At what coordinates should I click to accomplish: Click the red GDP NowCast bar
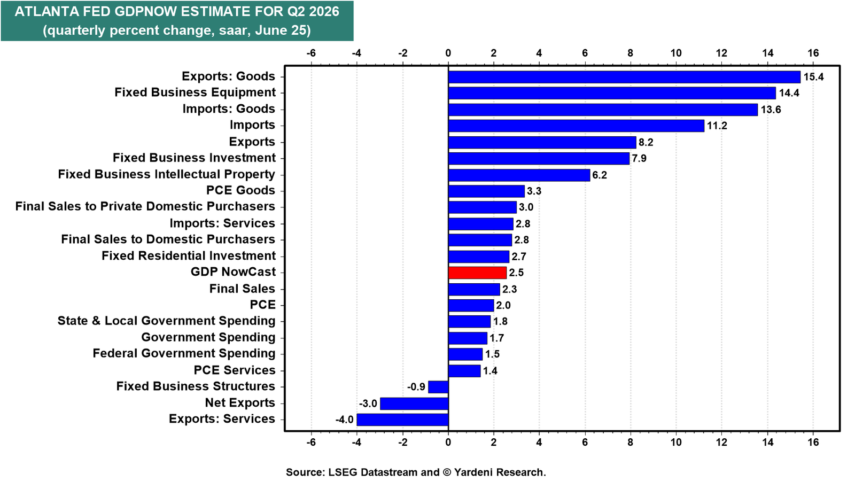tap(477, 273)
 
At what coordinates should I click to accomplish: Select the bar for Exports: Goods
tap(624, 77)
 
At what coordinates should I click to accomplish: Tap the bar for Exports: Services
tap(402, 420)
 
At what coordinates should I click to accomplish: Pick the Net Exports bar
tap(414, 404)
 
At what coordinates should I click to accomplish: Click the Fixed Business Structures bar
tap(438, 387)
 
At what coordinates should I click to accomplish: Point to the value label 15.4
tap(813, 77)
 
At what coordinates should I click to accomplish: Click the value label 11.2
tap(717, 126)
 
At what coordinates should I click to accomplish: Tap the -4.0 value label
tap(344, 420)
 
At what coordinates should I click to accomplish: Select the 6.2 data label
tap(599, 175)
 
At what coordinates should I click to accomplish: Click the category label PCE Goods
tap(240, 190)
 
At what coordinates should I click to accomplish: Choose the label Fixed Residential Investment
tap(189, 255)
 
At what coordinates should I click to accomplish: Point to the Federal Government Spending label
tap(184, 353)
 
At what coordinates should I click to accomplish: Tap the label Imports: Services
tap(222, 223)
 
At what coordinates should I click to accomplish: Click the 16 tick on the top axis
tap(813, 53)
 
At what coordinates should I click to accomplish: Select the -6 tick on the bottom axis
tap(311, 442)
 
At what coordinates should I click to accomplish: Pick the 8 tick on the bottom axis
tap(631, 442)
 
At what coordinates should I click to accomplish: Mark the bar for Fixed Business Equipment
tap(612, 93)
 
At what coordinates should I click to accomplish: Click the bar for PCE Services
tap(464, 371)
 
